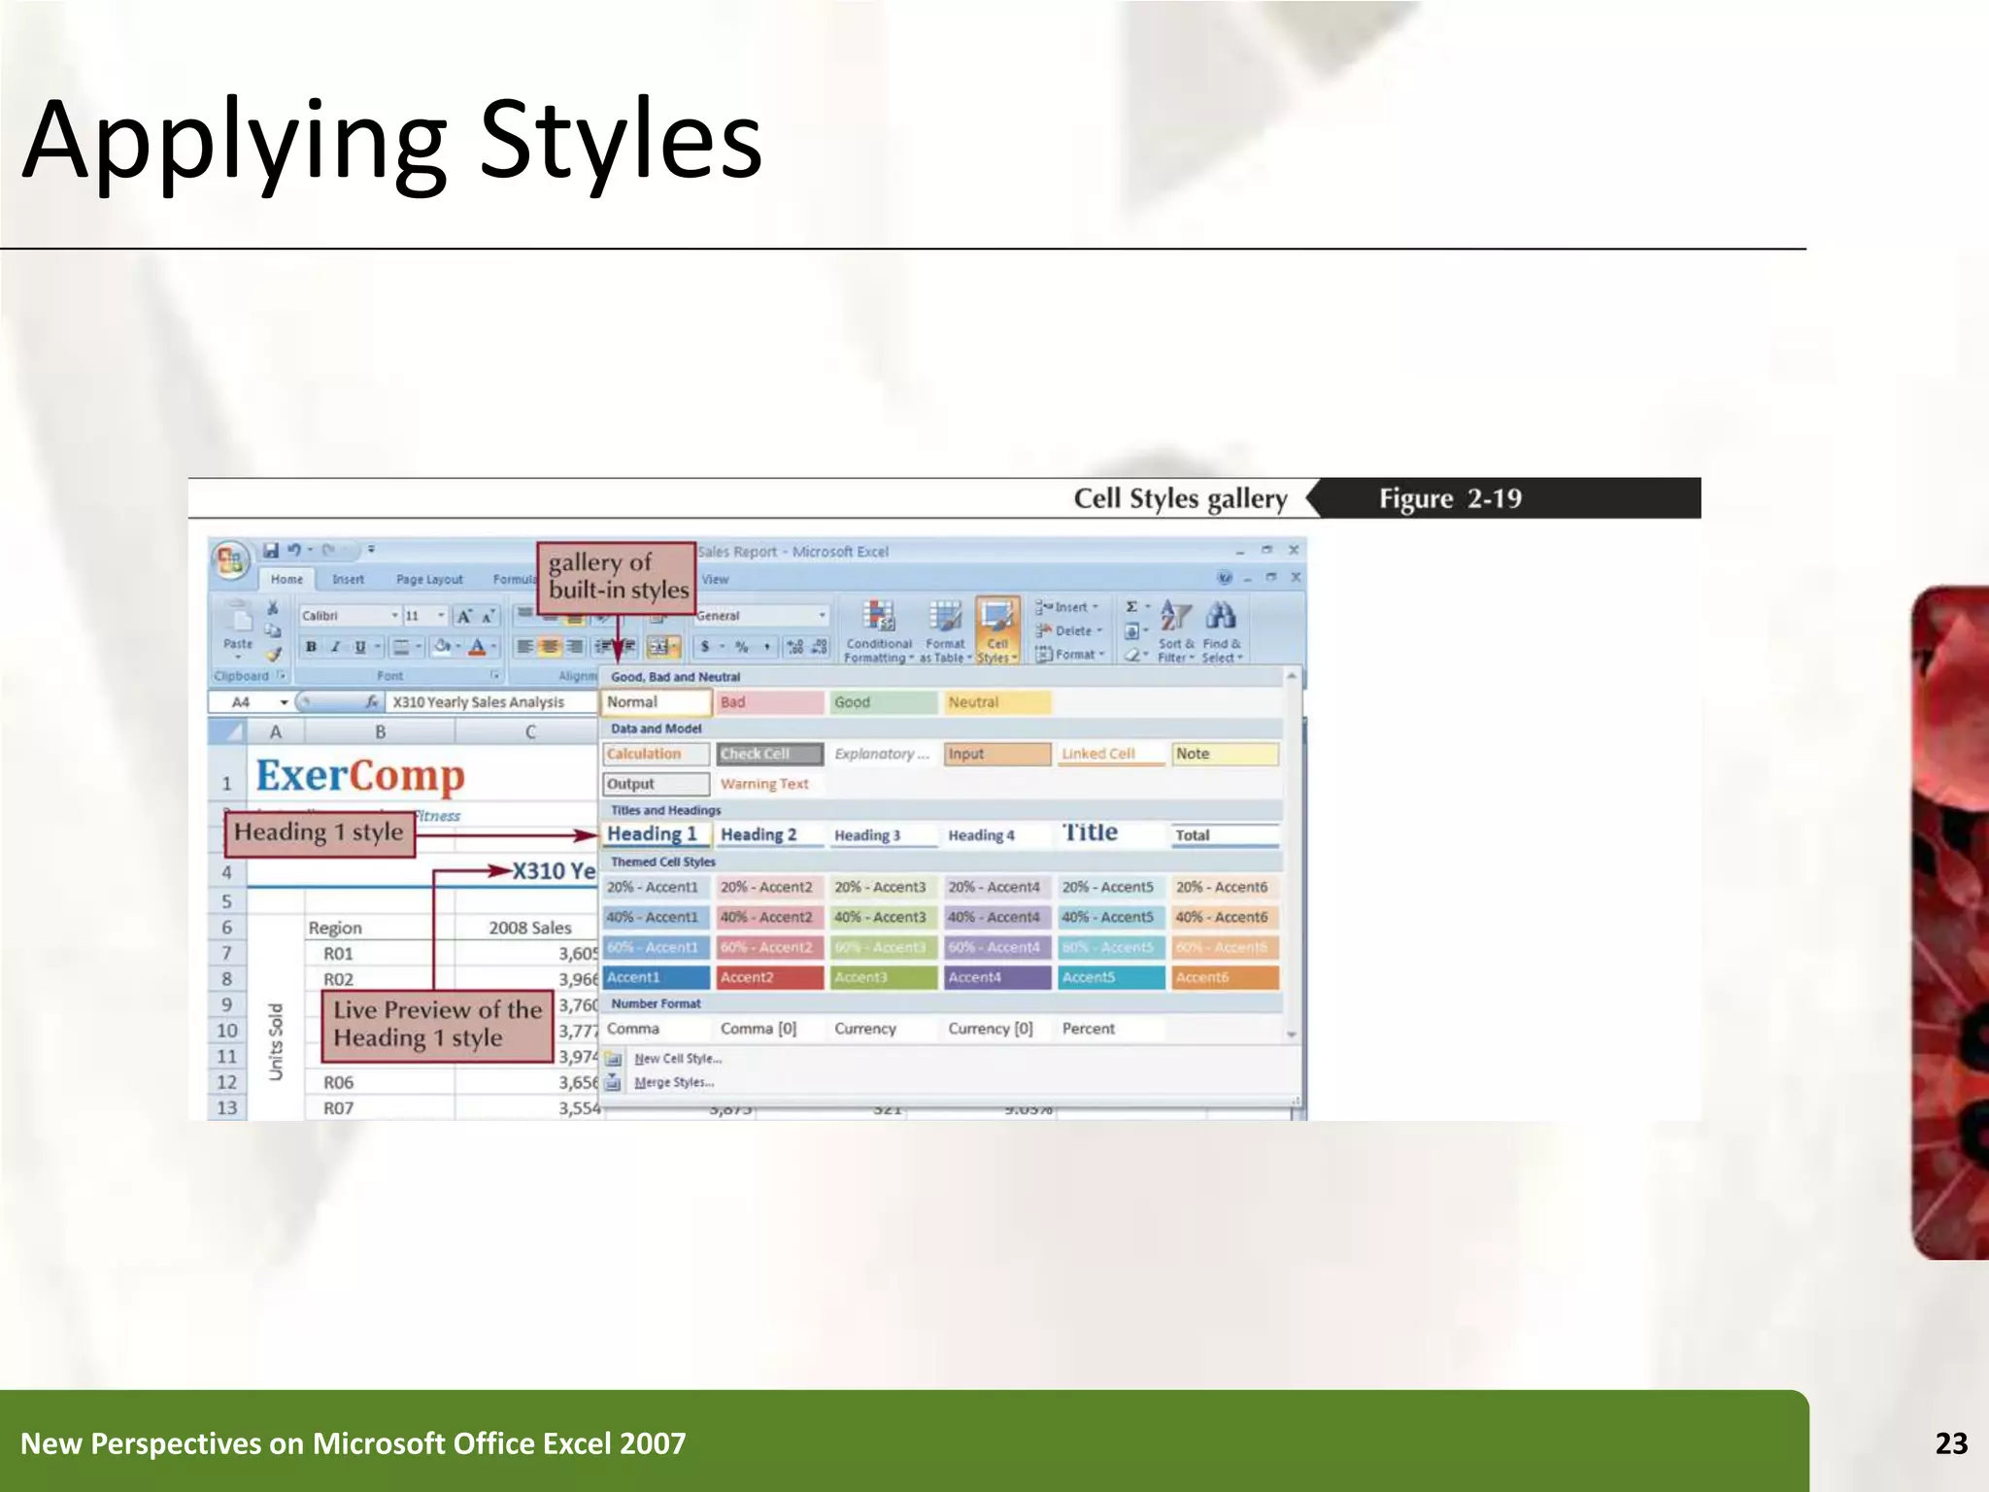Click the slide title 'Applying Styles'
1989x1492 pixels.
(392, 141)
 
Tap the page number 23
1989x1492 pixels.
(1951, 1443)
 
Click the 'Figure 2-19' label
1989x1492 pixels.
(1450, 498)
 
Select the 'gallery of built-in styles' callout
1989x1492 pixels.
(618, 576)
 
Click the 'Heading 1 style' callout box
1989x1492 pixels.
(319, 832)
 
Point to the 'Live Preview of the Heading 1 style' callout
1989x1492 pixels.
(437, 1024)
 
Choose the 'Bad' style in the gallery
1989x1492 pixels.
(768, 702)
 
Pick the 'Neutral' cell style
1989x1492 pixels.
(995, 702)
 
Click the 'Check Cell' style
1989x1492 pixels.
(768, 754)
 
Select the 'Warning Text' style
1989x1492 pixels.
(764, 784)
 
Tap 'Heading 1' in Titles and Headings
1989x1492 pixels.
(654, 834)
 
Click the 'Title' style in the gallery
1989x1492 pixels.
(1091, 832)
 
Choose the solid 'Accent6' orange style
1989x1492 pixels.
(1224, 977)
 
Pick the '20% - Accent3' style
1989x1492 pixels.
(880, 887)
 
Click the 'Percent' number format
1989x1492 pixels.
(1089, 1029)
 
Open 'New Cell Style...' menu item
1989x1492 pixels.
(677, 1059)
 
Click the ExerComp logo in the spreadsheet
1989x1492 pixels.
(360, 775)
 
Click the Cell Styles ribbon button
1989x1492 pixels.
(997, 630)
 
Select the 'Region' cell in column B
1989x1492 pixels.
(335, 928)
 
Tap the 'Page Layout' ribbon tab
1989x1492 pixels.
(429, 579)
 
